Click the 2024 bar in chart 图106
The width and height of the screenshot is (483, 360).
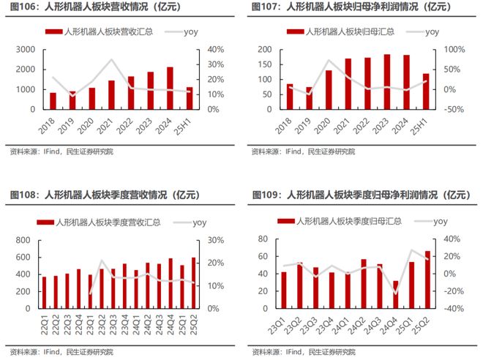[170, 88]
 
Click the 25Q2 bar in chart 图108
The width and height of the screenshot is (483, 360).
[194, 282]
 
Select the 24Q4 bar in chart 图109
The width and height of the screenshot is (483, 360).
[396, 294]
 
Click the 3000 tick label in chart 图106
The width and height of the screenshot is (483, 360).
[23, 49]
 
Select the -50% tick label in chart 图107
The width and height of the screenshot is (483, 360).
[448, 109]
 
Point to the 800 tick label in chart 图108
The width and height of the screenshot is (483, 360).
[24, 240]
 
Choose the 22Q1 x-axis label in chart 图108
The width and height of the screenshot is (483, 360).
[45, 319]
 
